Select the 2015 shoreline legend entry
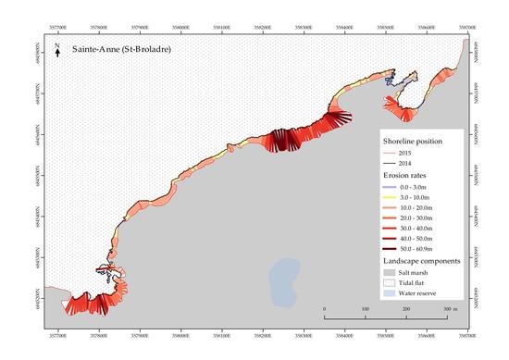(x=405, y=152)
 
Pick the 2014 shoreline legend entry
(x=405, y=163)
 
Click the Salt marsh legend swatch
(x=389, y=274)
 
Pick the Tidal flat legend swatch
(x=389, y=285)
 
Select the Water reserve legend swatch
(x=389, y=296)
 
